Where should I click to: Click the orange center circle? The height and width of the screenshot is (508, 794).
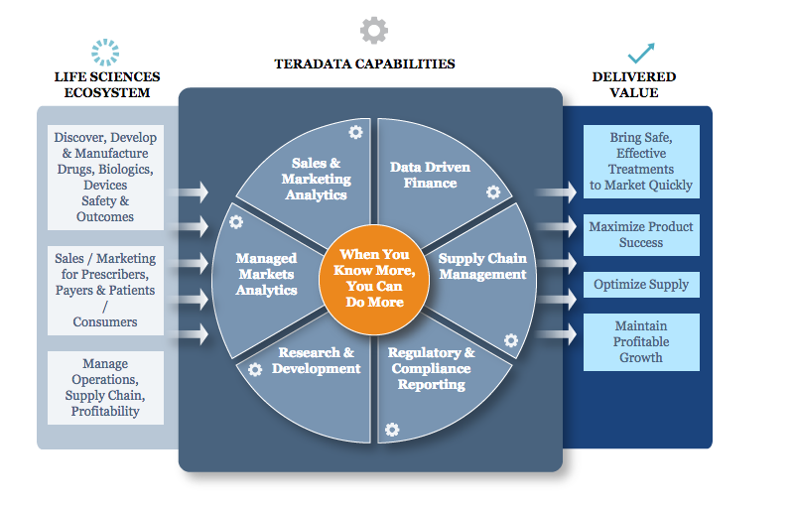pos(374,279)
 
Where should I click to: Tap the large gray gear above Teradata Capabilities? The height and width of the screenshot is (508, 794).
pos(374,31)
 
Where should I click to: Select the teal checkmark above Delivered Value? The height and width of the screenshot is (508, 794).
pos(641,53)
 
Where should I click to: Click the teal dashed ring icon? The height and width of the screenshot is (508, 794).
pos(105,53)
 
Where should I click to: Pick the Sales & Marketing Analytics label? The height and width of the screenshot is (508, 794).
pos(317,179)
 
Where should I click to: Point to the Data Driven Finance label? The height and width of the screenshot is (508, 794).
pos(430,175)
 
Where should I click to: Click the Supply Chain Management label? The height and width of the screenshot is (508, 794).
pos(482,266)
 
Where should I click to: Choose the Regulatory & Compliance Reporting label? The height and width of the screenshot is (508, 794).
pos(432,368)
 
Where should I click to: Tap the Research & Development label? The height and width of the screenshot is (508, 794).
pos(316,360)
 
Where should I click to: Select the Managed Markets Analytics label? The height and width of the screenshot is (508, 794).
pos(266,274)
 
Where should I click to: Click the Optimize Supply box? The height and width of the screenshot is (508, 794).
pos(641,285)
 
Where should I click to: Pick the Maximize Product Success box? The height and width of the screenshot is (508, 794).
pos(641,235)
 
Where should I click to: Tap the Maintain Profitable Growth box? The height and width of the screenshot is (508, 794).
pos(641,342)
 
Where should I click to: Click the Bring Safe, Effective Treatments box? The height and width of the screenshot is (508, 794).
pos(641,162)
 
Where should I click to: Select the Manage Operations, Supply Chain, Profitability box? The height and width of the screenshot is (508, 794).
pos(105,388)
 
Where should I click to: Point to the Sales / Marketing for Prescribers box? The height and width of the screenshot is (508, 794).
pos(105,291)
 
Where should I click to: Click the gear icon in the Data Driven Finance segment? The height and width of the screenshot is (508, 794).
pos(493,191)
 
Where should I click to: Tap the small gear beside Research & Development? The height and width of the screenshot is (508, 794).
pos(255,370)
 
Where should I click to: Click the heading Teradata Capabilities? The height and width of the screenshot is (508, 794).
pos(364,63)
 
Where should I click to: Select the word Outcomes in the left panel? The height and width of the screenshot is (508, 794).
pos(105,216)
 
